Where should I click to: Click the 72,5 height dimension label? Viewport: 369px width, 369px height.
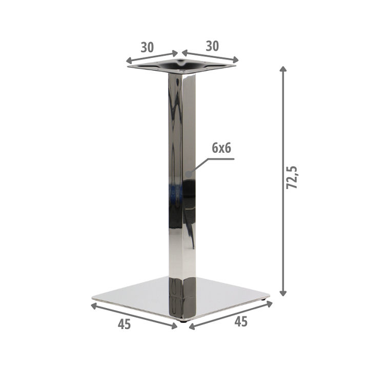coord(292,177)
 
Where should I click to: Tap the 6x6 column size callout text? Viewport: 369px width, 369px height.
coord(221,148)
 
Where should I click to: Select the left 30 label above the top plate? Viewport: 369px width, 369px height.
coord(147,47)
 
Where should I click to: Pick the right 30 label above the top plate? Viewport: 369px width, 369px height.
coord(212,46)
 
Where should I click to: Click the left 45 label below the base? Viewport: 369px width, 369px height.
coord(124,324)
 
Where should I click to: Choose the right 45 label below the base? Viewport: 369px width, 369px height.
coord(241,321)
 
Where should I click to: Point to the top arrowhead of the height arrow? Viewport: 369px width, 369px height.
coord(283,69)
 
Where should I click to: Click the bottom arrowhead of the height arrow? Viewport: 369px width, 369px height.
coord(283,293)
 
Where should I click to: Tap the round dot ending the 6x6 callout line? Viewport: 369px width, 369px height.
coord(189,174)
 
